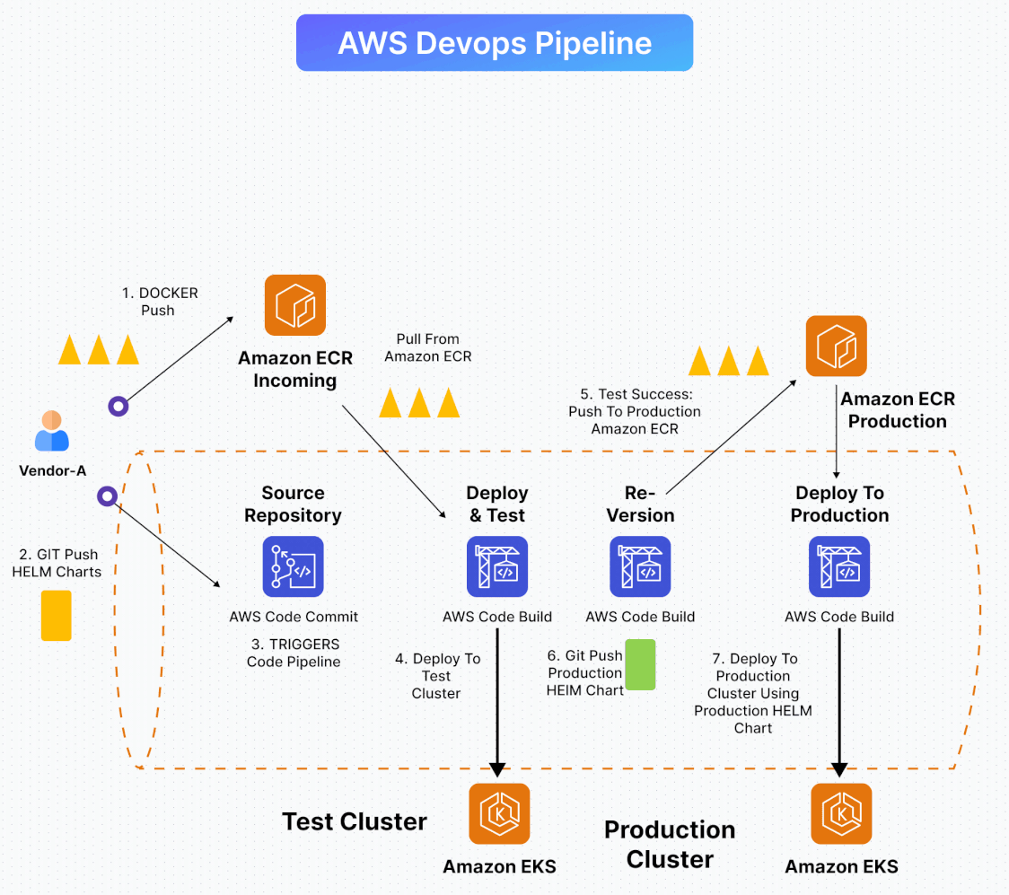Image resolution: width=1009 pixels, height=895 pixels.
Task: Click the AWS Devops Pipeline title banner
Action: pyautogui.click(x=495, y=42)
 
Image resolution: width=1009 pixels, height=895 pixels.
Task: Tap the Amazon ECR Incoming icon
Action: pyautogui.click(x=294, y=305)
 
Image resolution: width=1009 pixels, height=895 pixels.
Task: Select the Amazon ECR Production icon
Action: pyautogui.click(x=836, y=346)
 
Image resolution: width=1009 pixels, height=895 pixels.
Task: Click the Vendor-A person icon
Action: pyautogui.click(x=52, y=431)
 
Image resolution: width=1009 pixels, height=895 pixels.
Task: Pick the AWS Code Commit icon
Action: pyautogui.click(x=293, y=566)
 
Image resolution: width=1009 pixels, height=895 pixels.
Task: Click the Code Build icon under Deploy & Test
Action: pyautogui.click(x=497, y=566)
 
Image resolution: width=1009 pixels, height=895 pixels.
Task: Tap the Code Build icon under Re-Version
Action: pyautogui.click(x=640, y=566)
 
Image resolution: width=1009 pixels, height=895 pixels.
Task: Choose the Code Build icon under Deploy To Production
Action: pyautogui.click(x=839, y=566)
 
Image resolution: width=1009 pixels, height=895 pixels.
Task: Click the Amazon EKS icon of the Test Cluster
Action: pyautogui.click(x=499, y=814)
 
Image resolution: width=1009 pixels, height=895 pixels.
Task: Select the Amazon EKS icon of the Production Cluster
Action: pyautogui.click(x=841, y=814)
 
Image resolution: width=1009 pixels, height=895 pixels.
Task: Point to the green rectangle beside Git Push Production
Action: pyautogui.click(x=640, y=664)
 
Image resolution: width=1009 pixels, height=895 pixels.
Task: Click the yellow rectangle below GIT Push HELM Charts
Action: pyautogui.click(x=56, y=615)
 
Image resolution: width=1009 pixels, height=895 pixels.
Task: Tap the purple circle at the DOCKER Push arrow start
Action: pyautogui.click(x=118, y=407)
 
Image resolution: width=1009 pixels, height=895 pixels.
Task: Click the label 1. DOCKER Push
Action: pyautogui.click(x=159, y=302)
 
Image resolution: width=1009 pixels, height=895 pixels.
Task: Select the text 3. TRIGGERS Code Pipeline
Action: pyautogui.click(x=294, y=653)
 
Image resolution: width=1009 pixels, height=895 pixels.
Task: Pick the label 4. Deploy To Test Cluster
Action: pyautogui.click(x=437, y=676)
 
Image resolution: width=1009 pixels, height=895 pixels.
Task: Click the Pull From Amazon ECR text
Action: pyautogui.click(x=428, y=347)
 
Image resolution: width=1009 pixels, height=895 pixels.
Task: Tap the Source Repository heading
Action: pyautogui.click(x=293, y=504)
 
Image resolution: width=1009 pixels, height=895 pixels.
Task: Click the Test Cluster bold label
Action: pyautogui.click(x=355, y=821)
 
